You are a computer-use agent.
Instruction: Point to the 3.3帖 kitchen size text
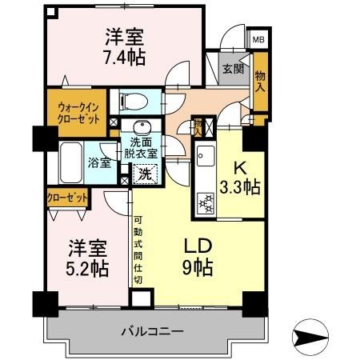[240, 189]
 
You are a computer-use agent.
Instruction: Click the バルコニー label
[152, 330]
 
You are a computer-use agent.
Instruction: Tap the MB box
[260, 38]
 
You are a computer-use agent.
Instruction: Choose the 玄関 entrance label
[233, 69]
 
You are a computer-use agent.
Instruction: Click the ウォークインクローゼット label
[78, 111]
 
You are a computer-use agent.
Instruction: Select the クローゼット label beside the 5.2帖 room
[66, 196]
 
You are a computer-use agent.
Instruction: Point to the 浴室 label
[98, 161]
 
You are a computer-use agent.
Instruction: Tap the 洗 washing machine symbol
[145, 174]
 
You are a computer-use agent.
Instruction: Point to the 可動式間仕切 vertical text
[138, 249]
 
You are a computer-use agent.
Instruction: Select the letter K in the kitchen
[239, 168]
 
